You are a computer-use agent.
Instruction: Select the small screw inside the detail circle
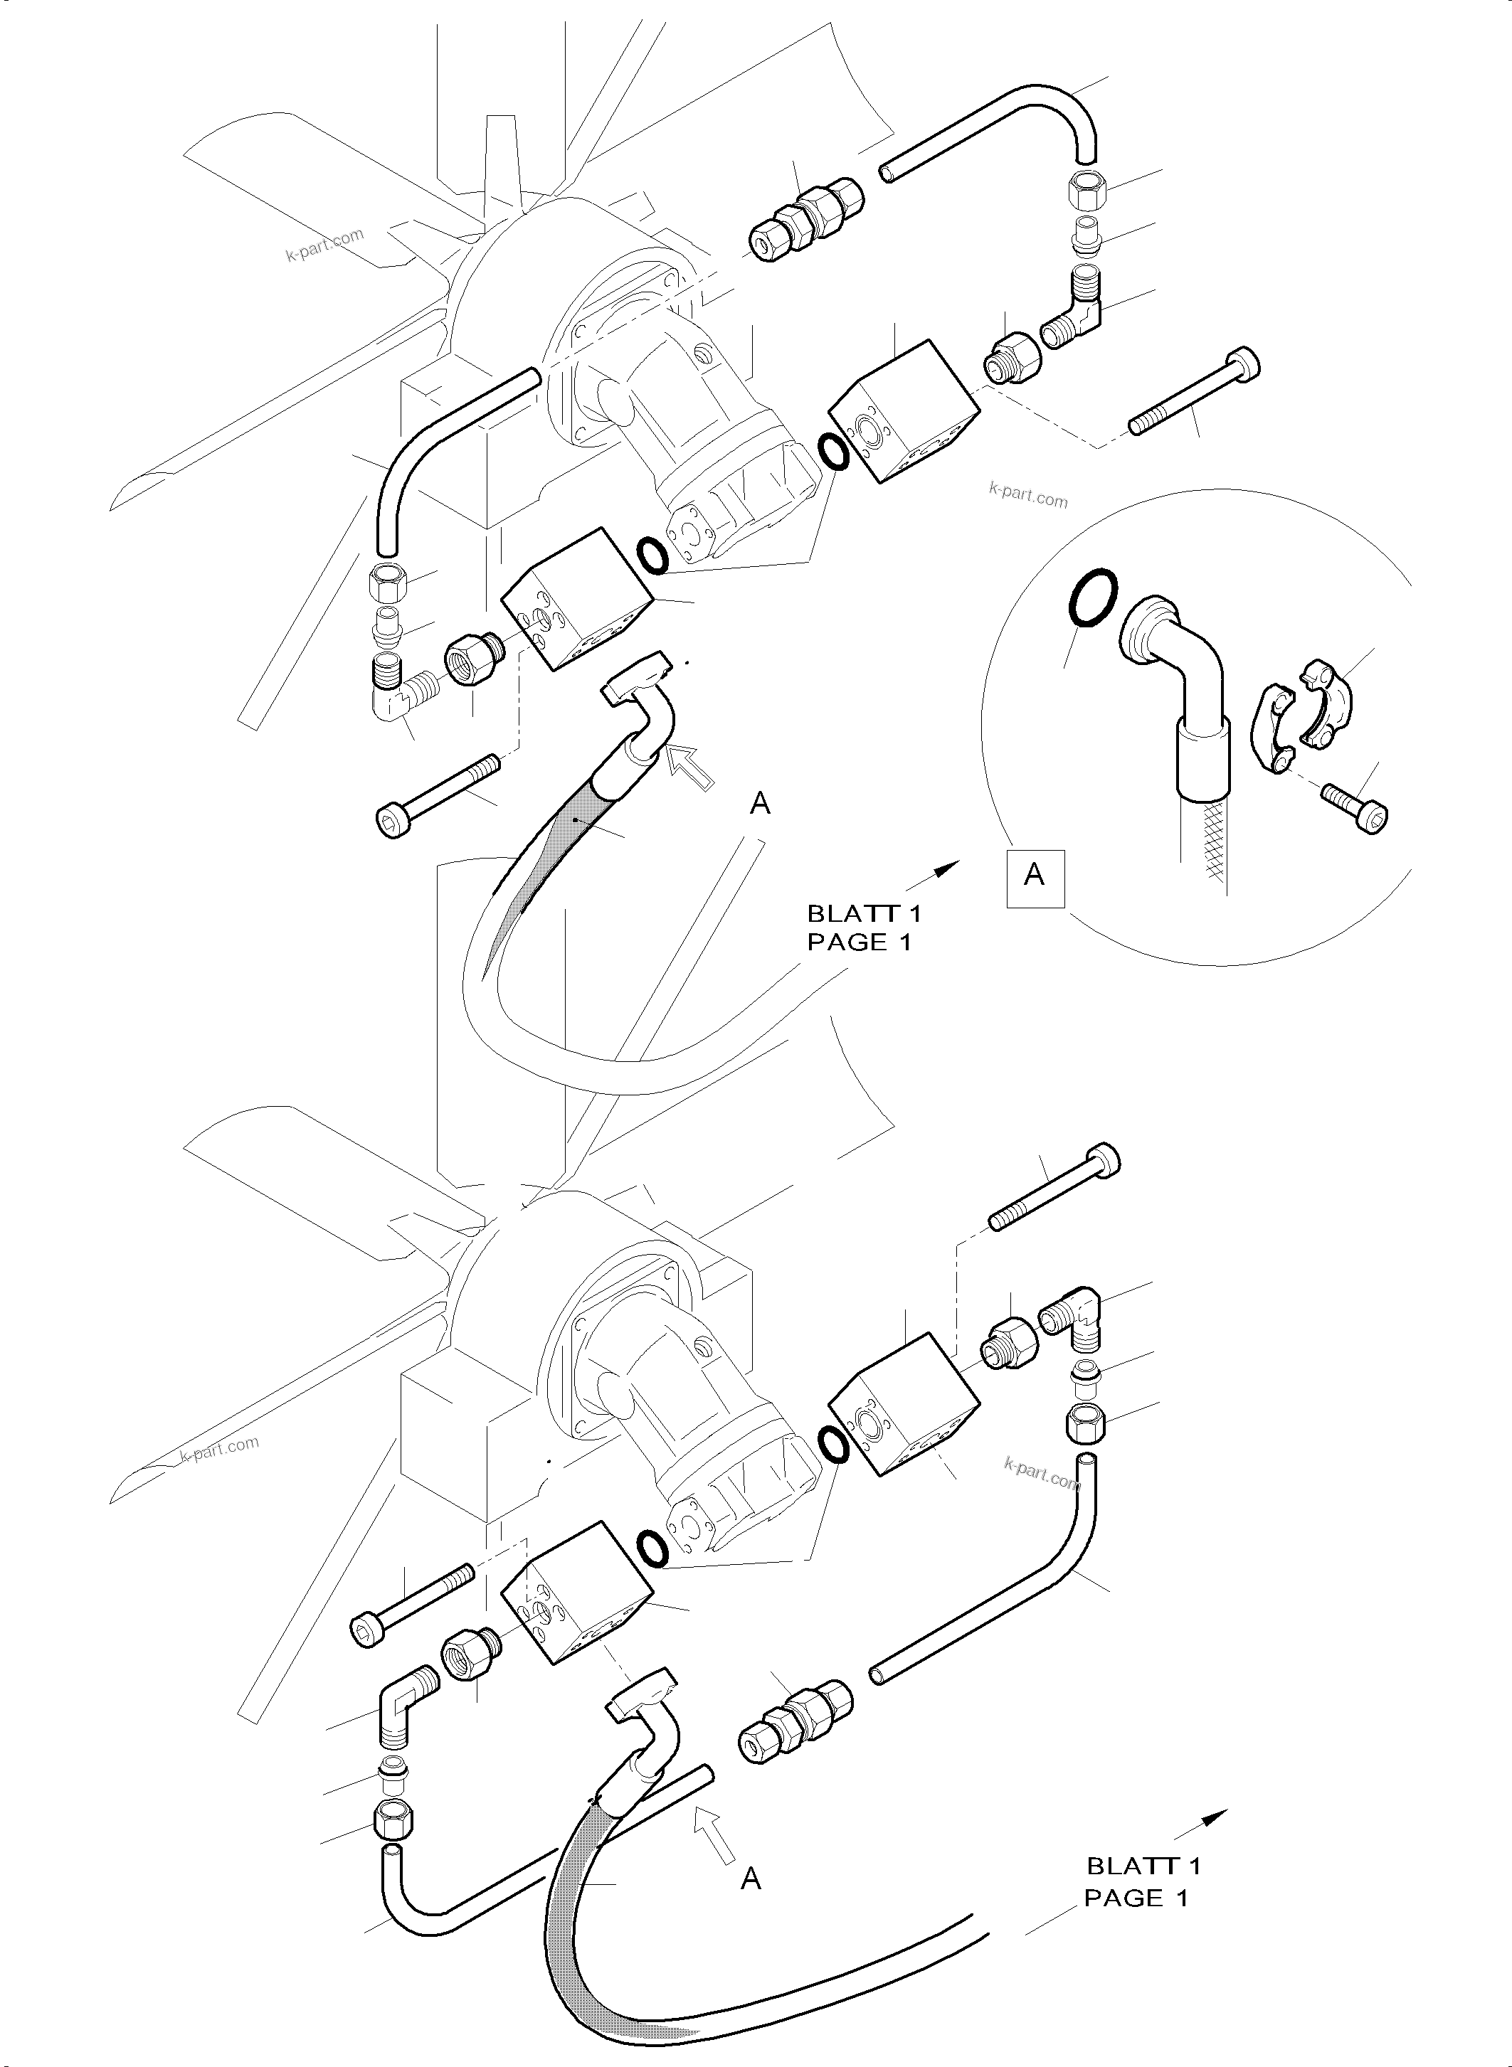coord(1355,804)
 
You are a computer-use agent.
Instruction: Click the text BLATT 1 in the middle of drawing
coord(864,913)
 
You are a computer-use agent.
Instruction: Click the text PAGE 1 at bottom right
coord(1136,1898)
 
